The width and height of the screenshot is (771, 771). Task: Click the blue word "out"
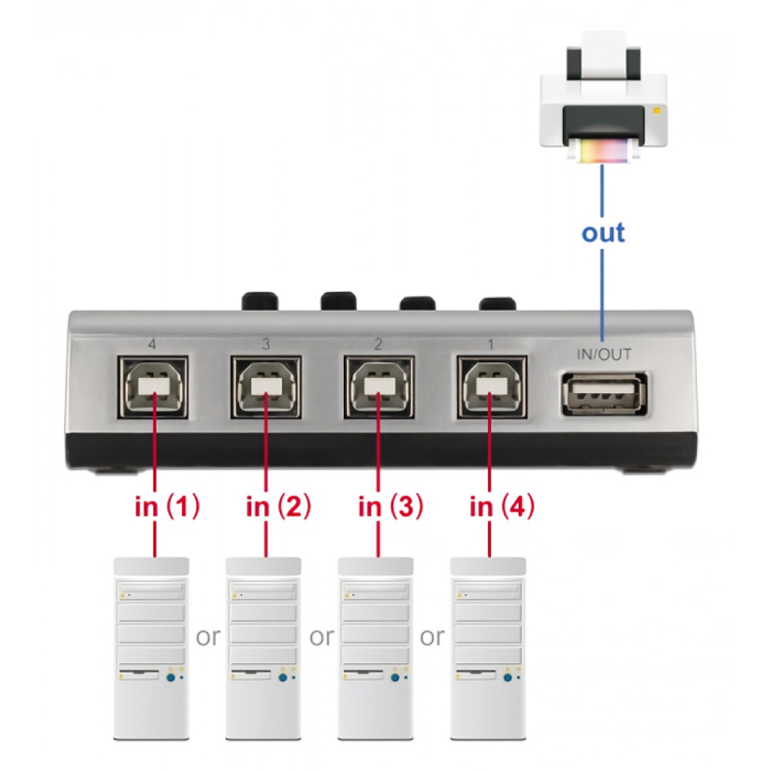pyautogui.click(x=604, y=233)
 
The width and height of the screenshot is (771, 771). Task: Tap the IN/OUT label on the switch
pyautogui.click(x=604, y=355)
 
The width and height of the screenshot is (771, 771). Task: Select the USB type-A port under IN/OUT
pyautogui.click(x=604, y=394)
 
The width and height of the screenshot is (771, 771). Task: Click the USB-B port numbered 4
pyautogui.click(x=153, y=388)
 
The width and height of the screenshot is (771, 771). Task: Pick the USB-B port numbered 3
pyautogui.click(x=266, y=388)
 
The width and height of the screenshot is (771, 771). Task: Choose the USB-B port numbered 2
pyautogui.click(x=379, y=388)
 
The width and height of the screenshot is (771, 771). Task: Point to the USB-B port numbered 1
pyautogui.click(x=492, y=388)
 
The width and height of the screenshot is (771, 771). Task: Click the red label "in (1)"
pyautogui.click(x=167, y=507)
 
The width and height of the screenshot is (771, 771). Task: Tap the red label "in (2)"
pyautogui.click(x=278, y=507)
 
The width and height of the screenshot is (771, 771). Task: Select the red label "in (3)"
pyautogui.click(x=390, y=507)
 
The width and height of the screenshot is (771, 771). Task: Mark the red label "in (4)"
pyautogui.click(x=502, y=507)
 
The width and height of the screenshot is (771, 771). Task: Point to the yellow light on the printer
pyautogui.click(x=656, y=111)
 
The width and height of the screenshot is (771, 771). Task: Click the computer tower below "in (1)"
pyautogui.click(x=151, y=648)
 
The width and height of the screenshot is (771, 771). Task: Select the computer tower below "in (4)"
pyautogui.click(x=488, y=648)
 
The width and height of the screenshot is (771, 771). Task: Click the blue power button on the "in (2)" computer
pyautogui.click(x=283, y=678)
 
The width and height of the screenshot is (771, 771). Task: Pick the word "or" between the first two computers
pyautogui.click(x=208, y=638)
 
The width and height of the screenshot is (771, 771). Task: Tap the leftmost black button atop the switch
pyautogui.click(x=260, y=301)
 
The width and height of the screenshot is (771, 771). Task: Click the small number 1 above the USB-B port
pyautogui.click(x=490, y=345)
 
